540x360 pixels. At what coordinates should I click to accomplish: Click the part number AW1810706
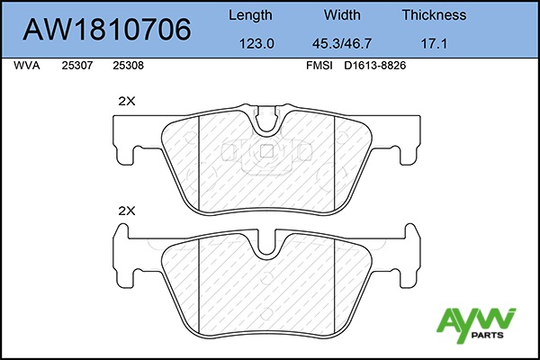pos(107,30)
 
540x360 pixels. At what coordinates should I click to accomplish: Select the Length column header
pos(250,15)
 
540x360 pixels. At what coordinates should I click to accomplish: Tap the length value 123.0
pos(256,44)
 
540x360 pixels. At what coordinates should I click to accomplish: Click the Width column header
pos(342,14)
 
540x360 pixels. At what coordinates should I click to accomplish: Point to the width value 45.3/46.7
pos(342,44)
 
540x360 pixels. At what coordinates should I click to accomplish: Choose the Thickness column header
pos(434,14)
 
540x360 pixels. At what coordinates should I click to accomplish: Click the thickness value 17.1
pos(434,44)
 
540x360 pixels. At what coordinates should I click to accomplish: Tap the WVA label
pos(27,66)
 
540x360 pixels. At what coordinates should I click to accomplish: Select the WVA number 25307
pos(77,66)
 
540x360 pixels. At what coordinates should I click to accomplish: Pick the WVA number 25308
pos(128,66)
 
